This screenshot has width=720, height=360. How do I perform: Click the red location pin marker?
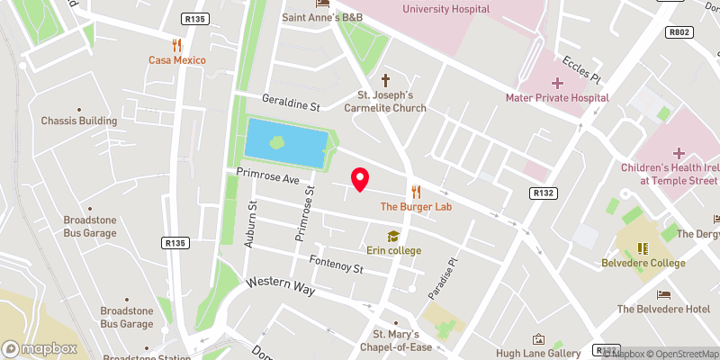(x=359, y=179)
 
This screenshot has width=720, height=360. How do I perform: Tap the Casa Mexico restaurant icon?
(x=177, y=44)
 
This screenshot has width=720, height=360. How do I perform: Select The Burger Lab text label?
(x=416, y=206)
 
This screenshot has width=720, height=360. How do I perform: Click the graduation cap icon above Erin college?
(x=393, y=236)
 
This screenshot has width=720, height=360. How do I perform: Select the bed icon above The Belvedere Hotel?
(x=663, y=294)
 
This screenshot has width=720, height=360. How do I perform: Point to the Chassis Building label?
(x=79, y=121)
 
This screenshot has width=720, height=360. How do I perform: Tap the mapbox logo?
(x=40, y=348)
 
